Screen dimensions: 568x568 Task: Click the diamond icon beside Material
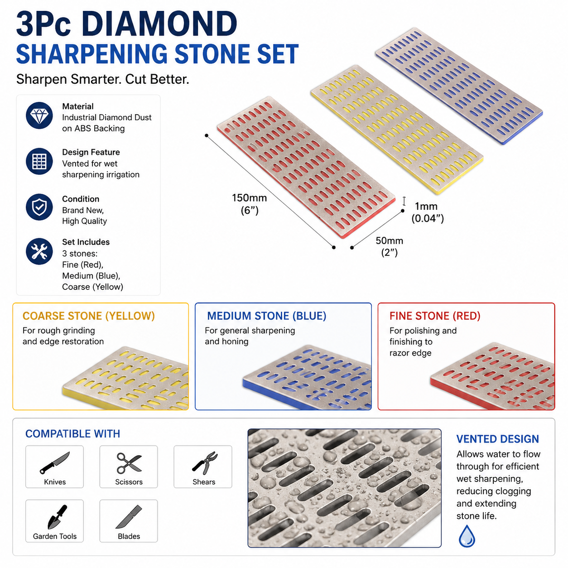[39, 116]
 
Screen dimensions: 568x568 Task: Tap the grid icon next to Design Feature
[39, 161]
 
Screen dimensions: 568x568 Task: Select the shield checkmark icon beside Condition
[39, 207]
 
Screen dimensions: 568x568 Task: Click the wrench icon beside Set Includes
[39, 251]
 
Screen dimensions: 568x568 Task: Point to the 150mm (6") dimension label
[250, 204]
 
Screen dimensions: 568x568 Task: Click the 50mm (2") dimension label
[390, 246]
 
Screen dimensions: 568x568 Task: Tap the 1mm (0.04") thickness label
[428, 212]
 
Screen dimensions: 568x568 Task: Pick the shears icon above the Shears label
[205, 461]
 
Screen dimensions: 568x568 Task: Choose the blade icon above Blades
[129, 517]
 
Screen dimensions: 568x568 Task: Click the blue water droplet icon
[467, 536]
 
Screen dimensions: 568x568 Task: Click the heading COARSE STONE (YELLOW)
[89, 316]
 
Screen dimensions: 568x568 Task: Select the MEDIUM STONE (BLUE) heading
[267, 316]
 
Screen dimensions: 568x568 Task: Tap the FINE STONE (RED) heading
[435, 316]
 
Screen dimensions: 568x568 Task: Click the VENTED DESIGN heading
[497, 439]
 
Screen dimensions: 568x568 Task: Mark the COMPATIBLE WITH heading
[73, 434]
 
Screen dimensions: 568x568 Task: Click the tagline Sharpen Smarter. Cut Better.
[102, 79]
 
